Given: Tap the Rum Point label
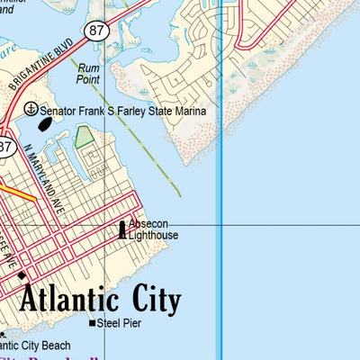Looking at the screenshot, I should [88, 73].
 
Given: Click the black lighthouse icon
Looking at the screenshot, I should [122, 230].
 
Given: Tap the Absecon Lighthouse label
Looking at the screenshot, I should [152, 229].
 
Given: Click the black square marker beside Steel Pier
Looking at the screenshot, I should [91, 322].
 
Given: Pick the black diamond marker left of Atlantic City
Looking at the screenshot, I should [22, 274].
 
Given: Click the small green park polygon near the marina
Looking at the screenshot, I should [84, 137].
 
